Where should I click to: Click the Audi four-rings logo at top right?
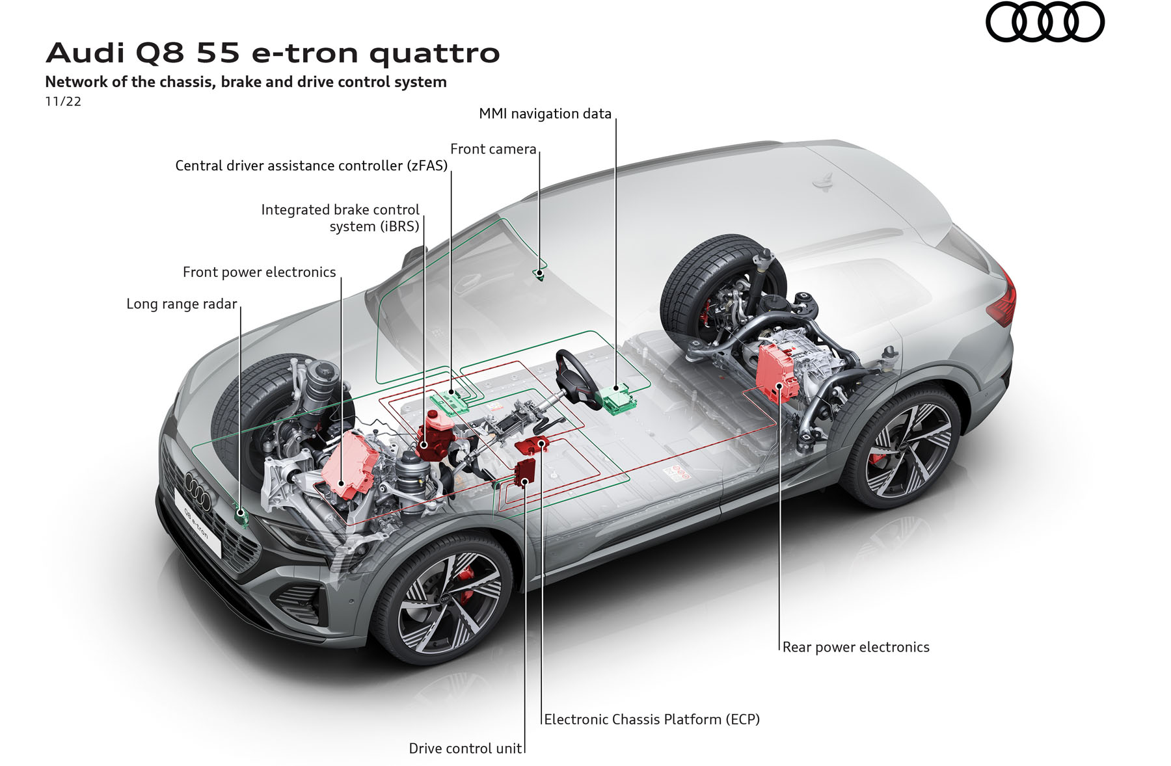pyautogui.click(x=1045, y=22)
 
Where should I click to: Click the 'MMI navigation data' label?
pyautogui.click(x=545, y=114)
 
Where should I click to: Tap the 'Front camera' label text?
pyautogui.click(x=493, y=150)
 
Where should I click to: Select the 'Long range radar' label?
pyautogui.click(x=182, y=304)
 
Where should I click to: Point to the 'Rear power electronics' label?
pyautogui.click(x=855, y=647)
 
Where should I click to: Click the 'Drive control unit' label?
pyautogui.click(x=465, y=748)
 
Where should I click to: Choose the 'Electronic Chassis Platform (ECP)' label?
pyautogui.click(x=652, y=719)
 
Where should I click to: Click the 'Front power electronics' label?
pyautogui.click(x=259, y=272)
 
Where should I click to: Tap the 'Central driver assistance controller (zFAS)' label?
pyautogui.click(x=312, y=166)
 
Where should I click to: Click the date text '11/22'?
pyautogui.click(x=63, y=101)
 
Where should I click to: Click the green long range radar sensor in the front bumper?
pyautogui.click(x=241, y=515)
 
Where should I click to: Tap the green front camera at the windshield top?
pyautogui.click(x=539, y=273)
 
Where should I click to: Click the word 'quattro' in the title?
pyautogui.click(x=435, y=53)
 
